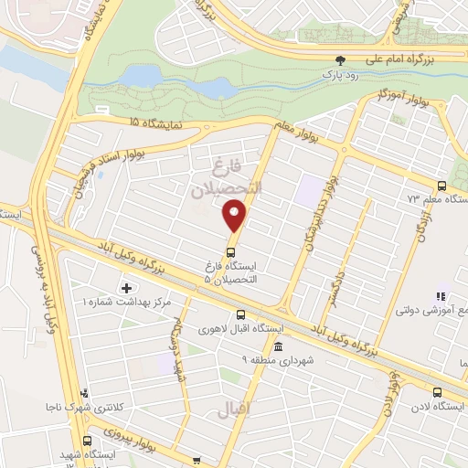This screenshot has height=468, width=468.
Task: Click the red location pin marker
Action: pyautogui.click(x=235, y=216)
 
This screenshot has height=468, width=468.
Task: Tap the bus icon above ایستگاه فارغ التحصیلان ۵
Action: pyautogui.click(x=231, y=250)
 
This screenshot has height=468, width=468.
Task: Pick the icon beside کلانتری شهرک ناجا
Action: pyautogui.click(x=85, y=392)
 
